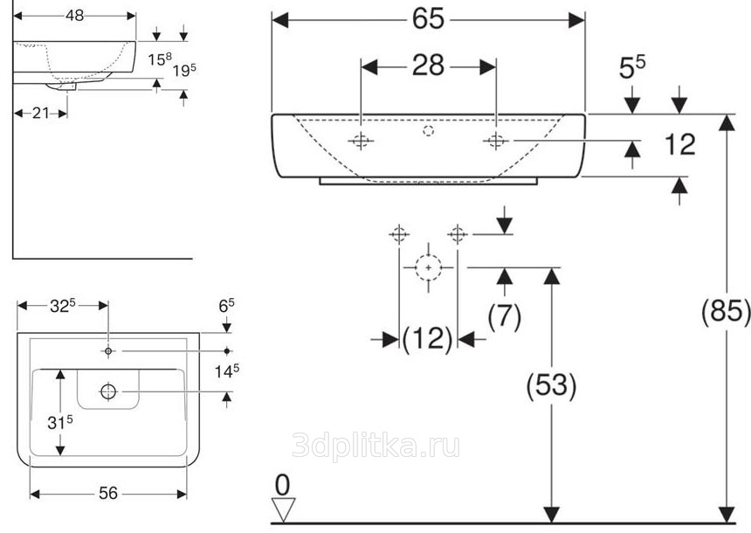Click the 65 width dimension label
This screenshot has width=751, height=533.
pos(428,18)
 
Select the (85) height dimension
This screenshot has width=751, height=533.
pos(726,312)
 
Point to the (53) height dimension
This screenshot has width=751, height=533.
pos(550,384)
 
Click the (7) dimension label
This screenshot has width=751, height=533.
pos(504,315)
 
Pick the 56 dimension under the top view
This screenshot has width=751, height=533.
pos(107,494)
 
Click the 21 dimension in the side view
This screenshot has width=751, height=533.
pos(40,112)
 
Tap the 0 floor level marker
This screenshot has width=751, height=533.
pos(281,483)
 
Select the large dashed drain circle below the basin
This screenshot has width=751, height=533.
pos(428,266)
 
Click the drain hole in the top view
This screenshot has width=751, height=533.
pos(108,391)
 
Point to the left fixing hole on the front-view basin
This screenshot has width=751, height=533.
pos(361,142)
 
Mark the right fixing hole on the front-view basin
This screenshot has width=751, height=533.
pos(496,142)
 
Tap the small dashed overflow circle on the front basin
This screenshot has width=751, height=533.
pos(428,132)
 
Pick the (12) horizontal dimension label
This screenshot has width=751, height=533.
pos(428,339)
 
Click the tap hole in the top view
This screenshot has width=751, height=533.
pos(107,351)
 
